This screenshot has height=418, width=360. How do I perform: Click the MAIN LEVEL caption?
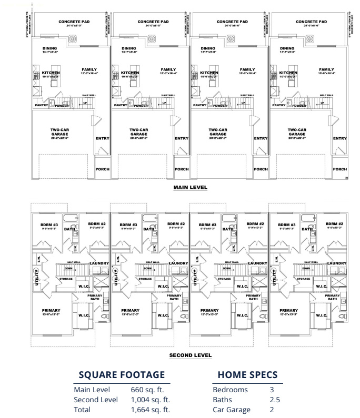(191, 187)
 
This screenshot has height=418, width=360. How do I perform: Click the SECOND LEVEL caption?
(191, 355)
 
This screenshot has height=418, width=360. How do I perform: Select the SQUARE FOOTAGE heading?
(122, 374)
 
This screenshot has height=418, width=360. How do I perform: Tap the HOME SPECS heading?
(247, 374)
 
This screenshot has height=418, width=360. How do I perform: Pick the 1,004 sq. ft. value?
(151, 400)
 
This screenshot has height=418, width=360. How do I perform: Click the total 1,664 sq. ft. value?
(151, 410)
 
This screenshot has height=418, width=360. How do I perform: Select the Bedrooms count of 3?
(272, 390)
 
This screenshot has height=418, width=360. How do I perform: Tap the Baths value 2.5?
(274, 400)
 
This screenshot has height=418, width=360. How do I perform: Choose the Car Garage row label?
(232, 410)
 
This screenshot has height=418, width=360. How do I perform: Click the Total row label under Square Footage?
(83, 410)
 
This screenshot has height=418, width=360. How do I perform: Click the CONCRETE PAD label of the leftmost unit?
(74, 22)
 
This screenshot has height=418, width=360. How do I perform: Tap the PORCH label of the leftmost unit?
(103, 169)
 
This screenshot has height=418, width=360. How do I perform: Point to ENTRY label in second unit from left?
(182, 138)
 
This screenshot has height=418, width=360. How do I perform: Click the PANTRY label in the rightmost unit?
(279, 105)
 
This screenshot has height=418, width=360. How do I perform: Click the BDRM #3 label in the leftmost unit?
(49, 225)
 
